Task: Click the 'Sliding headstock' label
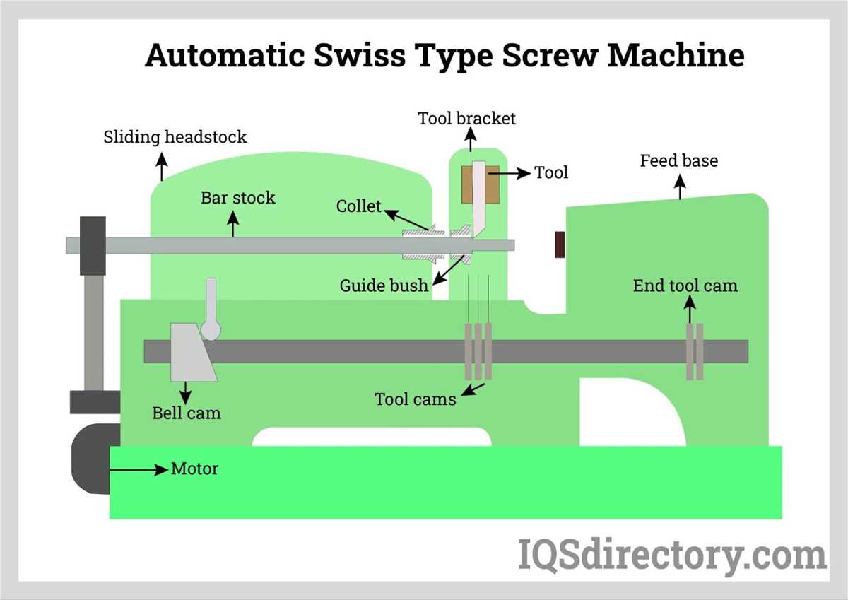click(x=175, y=136)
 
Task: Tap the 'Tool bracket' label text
click(x=466, y=118)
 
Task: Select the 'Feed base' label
click(x=678, y=161)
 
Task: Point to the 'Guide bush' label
click(x=384, y=286)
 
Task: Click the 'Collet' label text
click(x=358, y=206)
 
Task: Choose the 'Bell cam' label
click(x=187, y=413)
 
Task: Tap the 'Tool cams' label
click(x=415, y=399)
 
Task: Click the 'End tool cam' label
click(x=685, y=286)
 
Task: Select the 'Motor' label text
click(x=194, y=469)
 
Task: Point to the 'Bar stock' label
click(x=237, y=197)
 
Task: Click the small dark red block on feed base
click(x=560, y=245)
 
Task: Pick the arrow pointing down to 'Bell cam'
click(x=187, y=392)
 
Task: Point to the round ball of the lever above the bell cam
click(x=211, y=330)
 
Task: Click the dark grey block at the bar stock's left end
click(x=93, y=245)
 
